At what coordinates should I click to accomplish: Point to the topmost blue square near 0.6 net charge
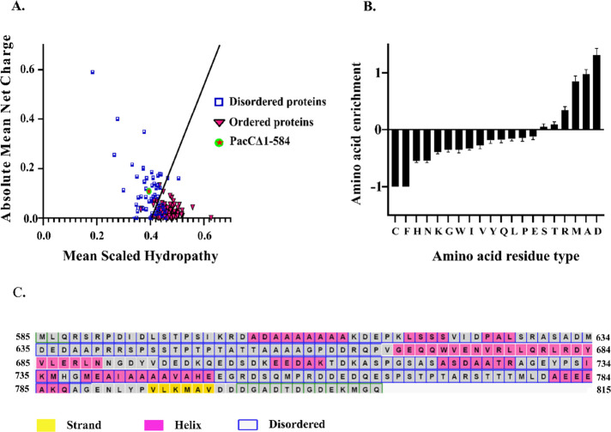coord(93,72)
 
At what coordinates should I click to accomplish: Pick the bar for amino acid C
coord(397,157)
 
